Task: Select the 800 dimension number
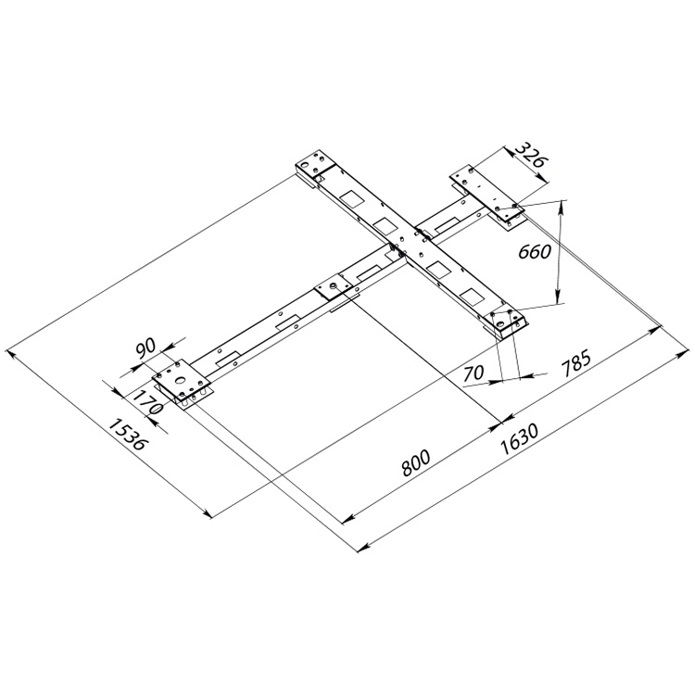tap(419, 461)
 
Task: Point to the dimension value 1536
tap(127, 434)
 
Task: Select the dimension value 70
tap(474, 374)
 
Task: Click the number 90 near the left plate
tap(145, 348)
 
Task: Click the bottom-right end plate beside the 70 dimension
tap(508, 321)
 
